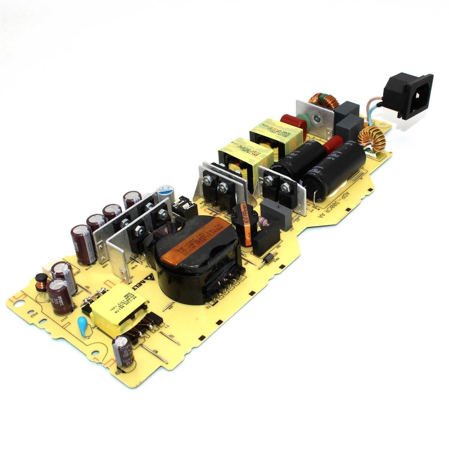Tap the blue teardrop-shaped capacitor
coord(83,323)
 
